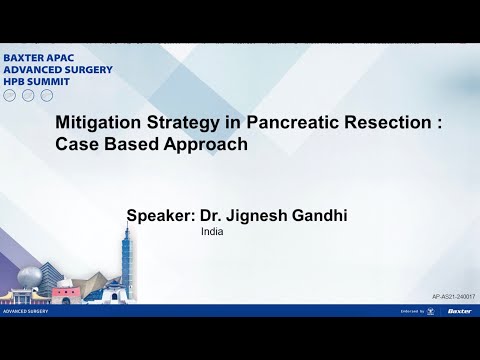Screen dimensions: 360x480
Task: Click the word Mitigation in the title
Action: pos(97,122)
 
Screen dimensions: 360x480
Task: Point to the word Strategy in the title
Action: pos(183,122)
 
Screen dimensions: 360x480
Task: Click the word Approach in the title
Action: pos(201,144)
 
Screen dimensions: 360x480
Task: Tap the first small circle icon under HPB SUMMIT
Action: pos(10,95)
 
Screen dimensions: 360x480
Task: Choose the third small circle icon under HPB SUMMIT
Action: pos(46,95)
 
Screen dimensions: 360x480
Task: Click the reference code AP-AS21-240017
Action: pos(452,298)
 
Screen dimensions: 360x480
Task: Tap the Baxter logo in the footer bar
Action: pos(460,311)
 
